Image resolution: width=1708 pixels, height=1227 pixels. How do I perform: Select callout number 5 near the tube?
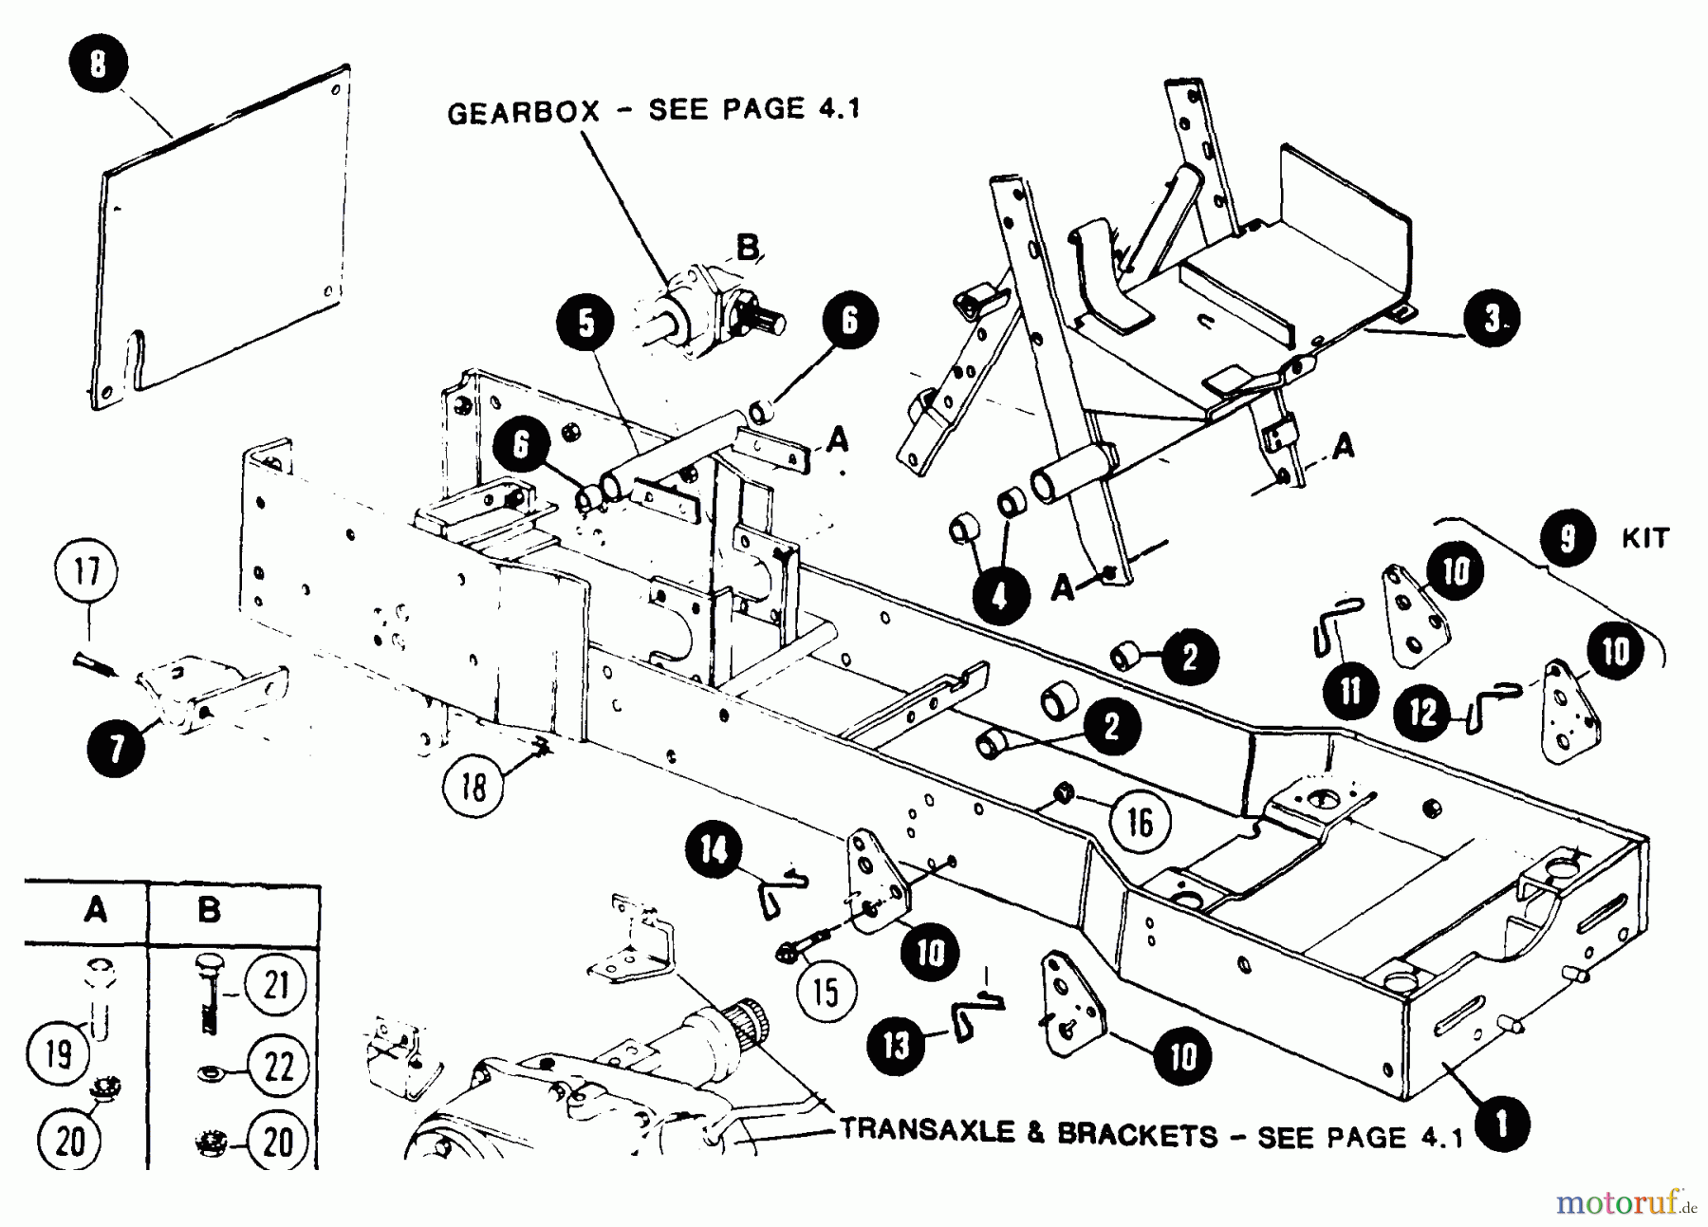pyautogui.click(x=586, y=323)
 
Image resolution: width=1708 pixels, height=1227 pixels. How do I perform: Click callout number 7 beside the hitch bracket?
pyautogui.click(x=116, y=749)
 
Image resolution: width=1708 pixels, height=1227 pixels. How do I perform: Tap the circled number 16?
pyautogui.click(x=1140, y=822)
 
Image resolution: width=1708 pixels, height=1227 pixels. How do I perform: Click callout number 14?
pyautogui.click(x=714, y=848)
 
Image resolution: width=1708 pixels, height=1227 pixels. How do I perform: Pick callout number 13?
pyautogui.click(x=896, y=1044)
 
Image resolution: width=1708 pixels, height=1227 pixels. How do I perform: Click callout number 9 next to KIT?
pyautogui.click(x=1567, y=538)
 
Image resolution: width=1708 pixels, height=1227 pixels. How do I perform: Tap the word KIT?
pyautogui.click(x=1644, y=538)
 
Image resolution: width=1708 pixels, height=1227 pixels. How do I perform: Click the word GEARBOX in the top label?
pyautogui.click(x=524, y=113)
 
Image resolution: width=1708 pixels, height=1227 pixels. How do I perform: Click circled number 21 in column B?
pyautogui.click(x=275, y=986)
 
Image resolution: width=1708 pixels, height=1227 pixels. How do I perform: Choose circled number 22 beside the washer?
pyautogui.click(x=277, y=1066)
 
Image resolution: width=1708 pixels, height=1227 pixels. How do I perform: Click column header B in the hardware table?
pyautogui.click(x=209, y=910)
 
